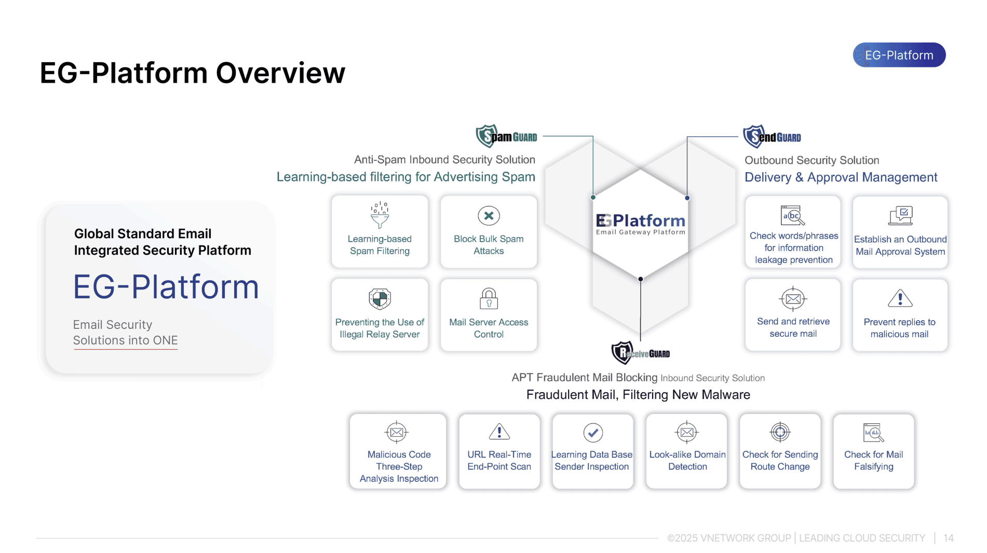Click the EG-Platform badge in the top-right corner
coord(899,55)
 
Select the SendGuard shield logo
coord(753,136)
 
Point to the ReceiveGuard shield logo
coord(622,353)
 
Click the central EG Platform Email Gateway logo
coord(640,224)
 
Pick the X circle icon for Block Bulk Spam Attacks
coord(489,216)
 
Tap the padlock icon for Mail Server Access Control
coord(489,298)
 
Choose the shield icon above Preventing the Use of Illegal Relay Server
coord(380,298)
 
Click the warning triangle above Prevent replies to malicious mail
coord(900,298)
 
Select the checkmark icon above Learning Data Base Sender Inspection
coord(592,432)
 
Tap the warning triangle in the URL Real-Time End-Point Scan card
coord(499,432)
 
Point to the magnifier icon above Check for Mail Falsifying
coord(873,432)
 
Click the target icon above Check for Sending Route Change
coord(780,432)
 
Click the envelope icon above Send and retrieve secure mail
coord(793,298)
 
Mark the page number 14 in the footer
coord(948,538)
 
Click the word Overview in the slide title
coord(280,73)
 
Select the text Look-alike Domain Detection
coord(687,460)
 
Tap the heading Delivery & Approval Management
coord(841,177)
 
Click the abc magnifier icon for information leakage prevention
coord(793,215)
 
